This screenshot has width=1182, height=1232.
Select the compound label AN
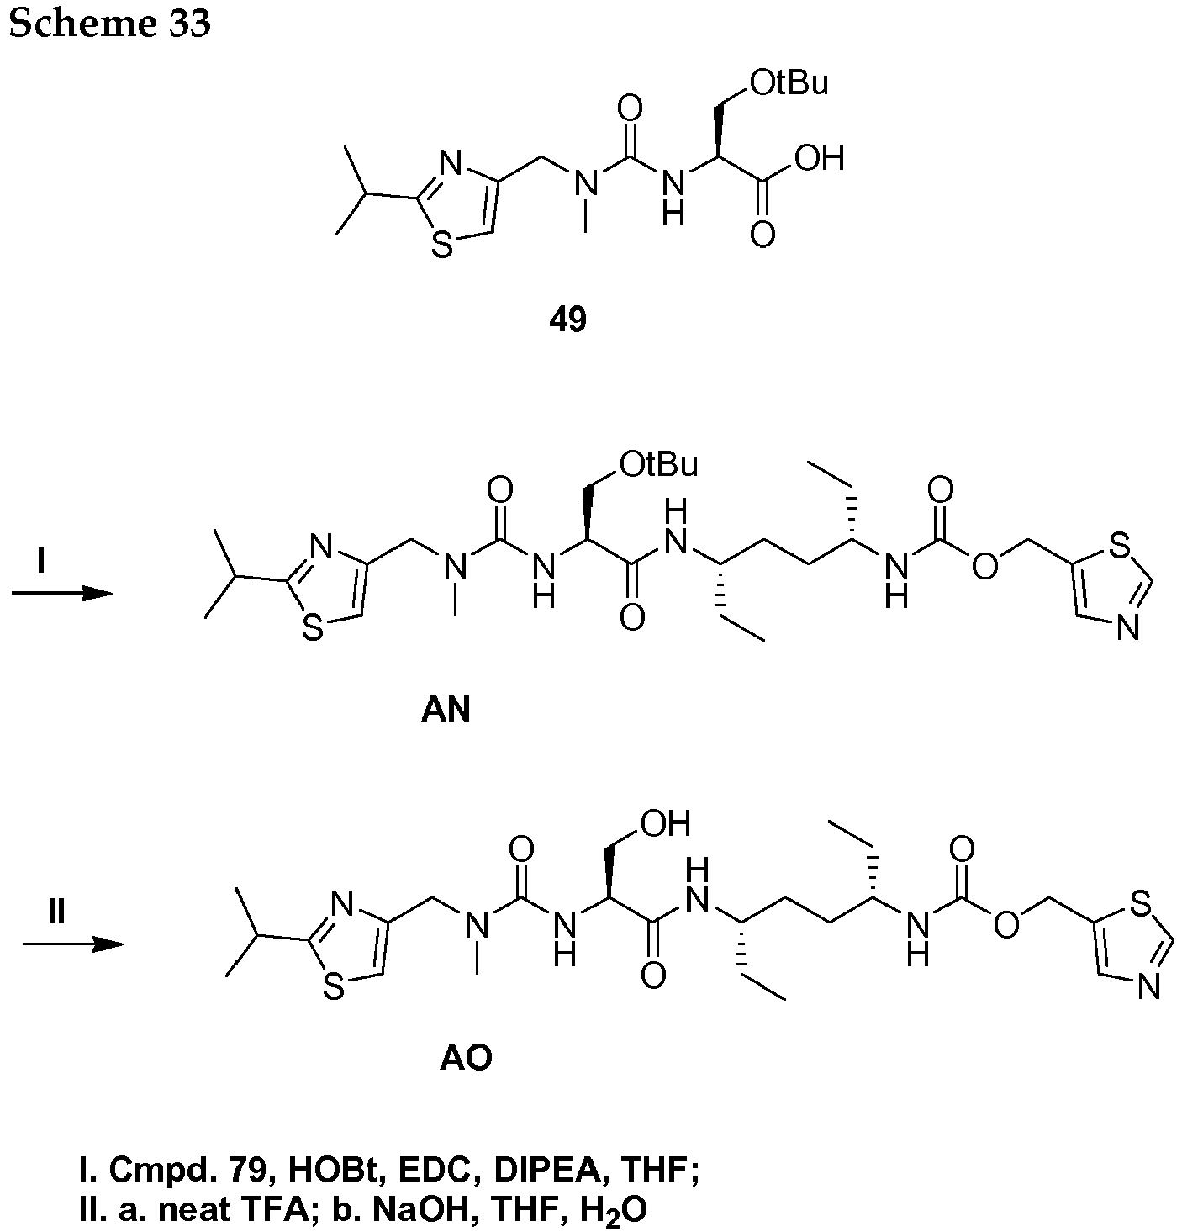point(446,711)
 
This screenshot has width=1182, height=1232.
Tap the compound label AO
point(467,1059)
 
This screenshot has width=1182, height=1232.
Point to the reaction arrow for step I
point(63,593)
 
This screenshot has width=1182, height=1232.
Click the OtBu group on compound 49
point(789,83)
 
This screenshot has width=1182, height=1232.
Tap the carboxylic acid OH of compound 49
point(820,157)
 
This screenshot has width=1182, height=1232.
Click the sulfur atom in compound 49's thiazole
point(442,245)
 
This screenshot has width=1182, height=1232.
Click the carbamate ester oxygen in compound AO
point(1005,926)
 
